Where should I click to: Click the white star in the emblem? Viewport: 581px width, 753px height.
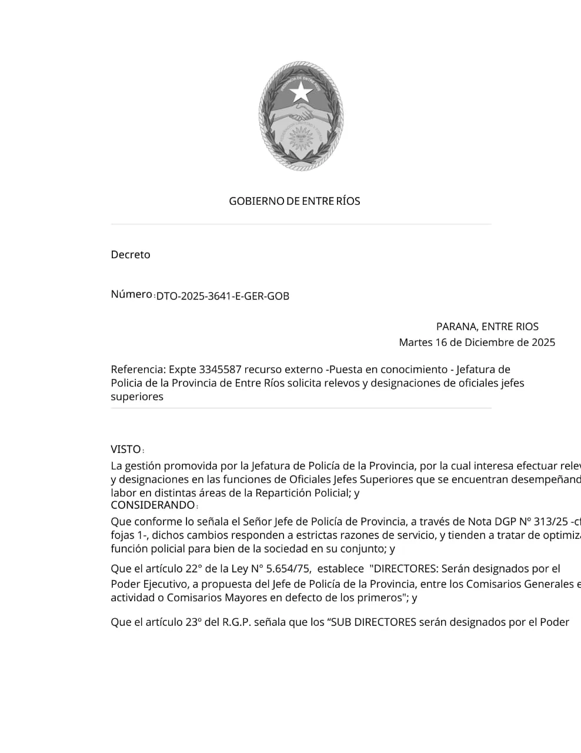301,91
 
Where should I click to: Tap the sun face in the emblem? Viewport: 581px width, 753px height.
301,139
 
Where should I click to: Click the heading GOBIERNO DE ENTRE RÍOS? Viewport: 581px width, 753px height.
294,201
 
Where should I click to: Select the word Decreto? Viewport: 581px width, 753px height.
131,255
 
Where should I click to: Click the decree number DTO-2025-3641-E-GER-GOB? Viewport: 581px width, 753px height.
223,296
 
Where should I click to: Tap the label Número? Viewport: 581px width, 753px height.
131,294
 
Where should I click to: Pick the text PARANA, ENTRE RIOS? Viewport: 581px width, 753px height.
487,326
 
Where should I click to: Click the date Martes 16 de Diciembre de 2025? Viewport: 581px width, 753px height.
476,342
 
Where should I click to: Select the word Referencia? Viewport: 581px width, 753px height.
138,369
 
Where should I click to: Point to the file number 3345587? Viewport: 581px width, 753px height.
221,369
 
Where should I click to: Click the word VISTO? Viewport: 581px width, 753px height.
126,449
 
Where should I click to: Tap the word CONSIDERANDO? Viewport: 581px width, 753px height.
152,505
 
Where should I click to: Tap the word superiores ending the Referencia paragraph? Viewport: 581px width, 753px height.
137,397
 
